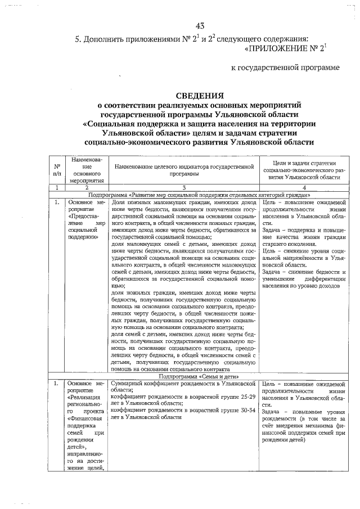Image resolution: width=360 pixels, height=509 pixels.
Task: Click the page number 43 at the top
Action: [x=200, y=26]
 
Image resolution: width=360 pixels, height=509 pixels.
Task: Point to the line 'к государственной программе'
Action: [x=286, y=68]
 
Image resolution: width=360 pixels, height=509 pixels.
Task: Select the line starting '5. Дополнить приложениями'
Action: [x=191, y=39]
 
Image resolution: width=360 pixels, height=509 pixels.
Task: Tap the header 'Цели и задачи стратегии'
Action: [x=303, y=163]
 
